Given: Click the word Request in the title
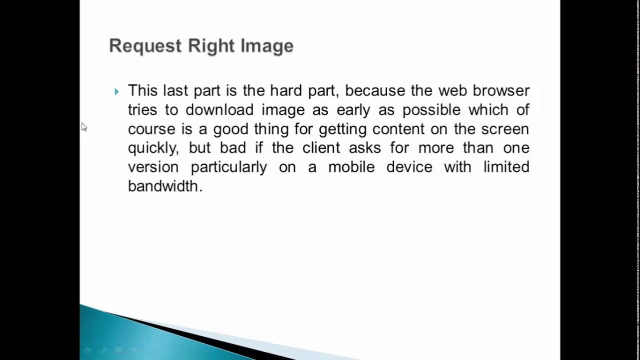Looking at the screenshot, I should point(145,46).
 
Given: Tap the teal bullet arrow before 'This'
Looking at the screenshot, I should point(116,91).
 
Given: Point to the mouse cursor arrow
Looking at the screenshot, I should point(83,127).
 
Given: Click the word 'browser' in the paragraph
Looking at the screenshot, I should point(501,90).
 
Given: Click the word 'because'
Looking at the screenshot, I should point(375,90).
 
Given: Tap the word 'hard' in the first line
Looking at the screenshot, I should point(287,90).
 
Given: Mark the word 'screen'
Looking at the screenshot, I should point(505,128).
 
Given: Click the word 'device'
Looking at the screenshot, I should point(409,166).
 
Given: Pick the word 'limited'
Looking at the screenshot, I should point(506,166).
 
